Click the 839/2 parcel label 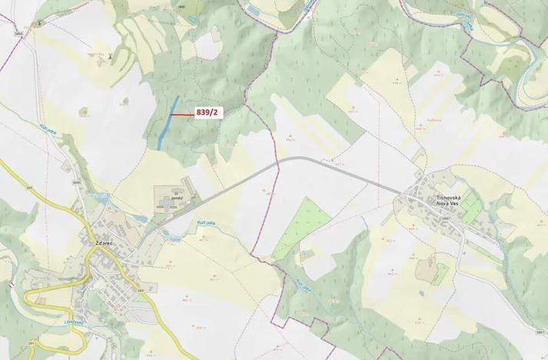[208, 113]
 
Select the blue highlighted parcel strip [166, 123]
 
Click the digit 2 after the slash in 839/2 [217, 113]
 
